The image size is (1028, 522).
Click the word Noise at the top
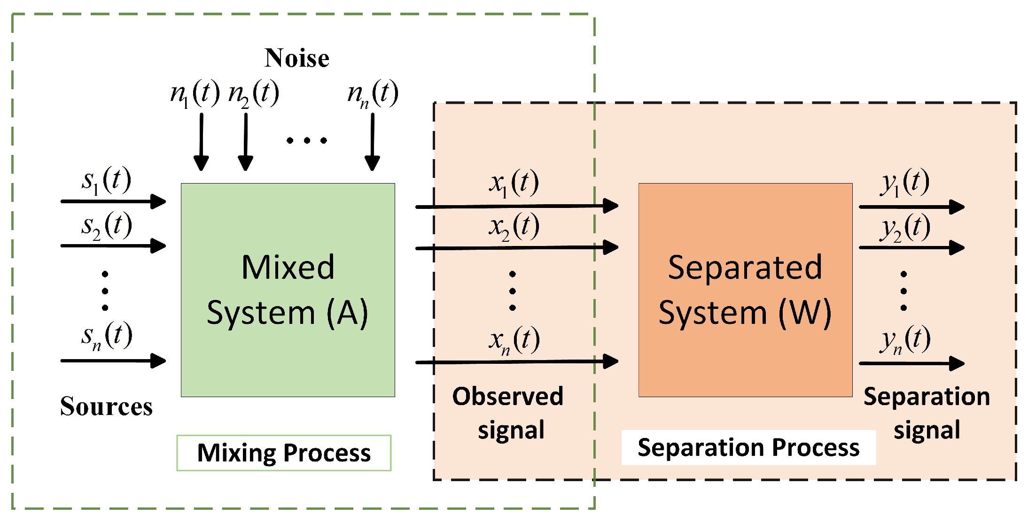[296, 58]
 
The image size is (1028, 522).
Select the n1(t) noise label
[195, 93]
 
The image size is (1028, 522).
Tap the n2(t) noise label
[254, 93]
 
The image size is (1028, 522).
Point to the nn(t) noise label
[373, 93]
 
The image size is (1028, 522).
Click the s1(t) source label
[106, 180]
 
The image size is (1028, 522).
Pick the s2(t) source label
[106, 226]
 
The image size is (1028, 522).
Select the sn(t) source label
[106, 336]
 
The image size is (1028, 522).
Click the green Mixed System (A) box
[288, 290]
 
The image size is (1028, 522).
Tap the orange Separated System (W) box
[745, 290]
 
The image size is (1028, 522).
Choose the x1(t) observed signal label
[514, 183]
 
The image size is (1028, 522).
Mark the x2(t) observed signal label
[514, 227]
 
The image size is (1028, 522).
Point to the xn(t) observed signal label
[514, 340]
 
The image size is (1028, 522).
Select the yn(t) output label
[904, 340]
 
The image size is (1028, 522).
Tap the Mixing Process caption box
[284, 453]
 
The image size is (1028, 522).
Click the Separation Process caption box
[748, 447]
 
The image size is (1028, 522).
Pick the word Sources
[106, 407]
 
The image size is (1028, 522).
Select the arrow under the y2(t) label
[911, 247]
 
